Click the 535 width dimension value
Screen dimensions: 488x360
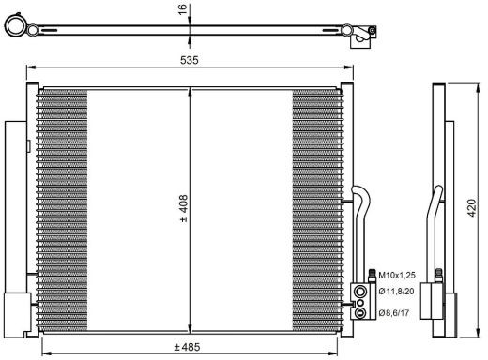pos(190,60)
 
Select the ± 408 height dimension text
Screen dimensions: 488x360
pos(184,208)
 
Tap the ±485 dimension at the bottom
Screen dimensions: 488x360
pos(187,347)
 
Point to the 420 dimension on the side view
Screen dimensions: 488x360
pos(471,208)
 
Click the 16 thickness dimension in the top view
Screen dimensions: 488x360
pos(183,8)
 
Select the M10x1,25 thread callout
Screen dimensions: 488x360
pos(397,275)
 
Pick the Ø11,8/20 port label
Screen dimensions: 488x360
pos(396,292)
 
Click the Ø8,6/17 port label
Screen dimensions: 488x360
pos(394,312)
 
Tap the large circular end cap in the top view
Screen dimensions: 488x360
pos(15,25)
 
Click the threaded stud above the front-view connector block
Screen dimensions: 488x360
pos(372,276)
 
